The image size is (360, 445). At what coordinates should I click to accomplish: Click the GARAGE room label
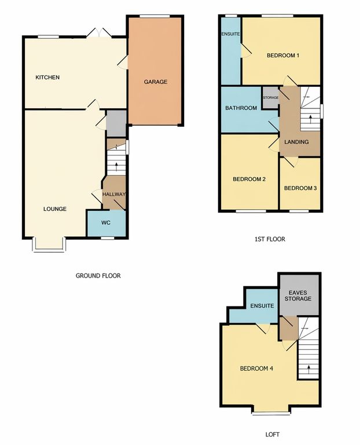[x=155, y=82]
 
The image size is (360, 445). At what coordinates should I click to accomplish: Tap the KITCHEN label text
[x=47, y=77]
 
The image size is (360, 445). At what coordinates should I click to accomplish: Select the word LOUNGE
[x=55, y=209]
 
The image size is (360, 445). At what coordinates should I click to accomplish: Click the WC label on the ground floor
[x=106, y=222]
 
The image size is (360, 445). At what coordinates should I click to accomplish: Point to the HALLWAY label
[x=113, y=195]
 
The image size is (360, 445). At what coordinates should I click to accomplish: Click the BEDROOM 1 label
[x=283, y=56]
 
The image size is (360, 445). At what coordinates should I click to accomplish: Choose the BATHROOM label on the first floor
[x=241, y=108]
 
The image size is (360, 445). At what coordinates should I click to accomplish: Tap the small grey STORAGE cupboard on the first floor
[x=270, y=97]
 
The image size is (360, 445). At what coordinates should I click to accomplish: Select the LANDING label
[x=296, y=142]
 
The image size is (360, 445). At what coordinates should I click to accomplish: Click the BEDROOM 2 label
[x=249, y=179]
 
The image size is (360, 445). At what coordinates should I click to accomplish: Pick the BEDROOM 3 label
[x=300, y=188]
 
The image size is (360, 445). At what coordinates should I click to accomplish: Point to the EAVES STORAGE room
[x=299, y=295]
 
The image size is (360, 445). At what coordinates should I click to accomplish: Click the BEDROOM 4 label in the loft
[x=256, y=369]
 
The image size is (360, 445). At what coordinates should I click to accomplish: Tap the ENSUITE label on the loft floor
[x=262, y=306]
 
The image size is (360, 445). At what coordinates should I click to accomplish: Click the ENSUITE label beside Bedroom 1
[x=231, y=34]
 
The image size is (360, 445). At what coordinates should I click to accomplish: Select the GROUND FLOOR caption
[x=98, y=276]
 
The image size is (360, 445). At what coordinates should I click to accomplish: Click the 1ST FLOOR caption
[x=270, y=239]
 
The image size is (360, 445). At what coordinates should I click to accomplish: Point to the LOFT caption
[x=273, y=434]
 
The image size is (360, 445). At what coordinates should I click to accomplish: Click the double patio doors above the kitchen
[x=98, y=32]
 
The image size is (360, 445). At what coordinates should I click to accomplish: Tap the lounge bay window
[x=49, y=245]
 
